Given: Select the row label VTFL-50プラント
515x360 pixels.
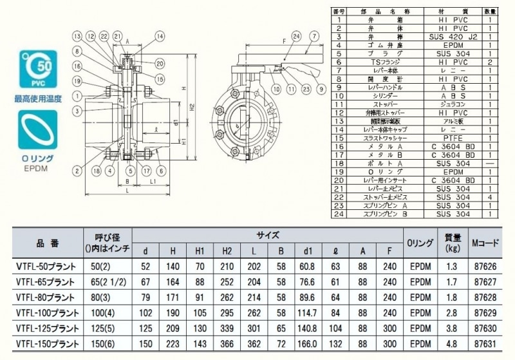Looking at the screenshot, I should tap(46, 265).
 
